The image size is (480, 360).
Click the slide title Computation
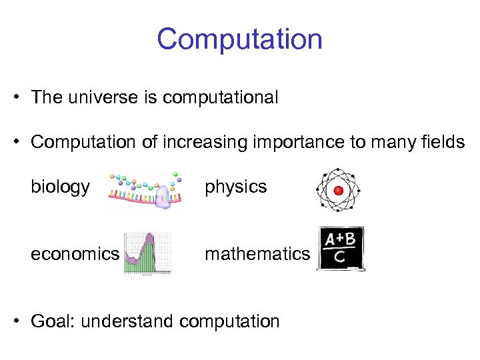(240, 39)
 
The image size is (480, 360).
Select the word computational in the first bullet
(220, 98)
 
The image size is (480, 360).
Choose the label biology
(60, 187)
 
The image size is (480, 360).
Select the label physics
(235, 187)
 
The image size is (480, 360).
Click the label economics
(75, 253)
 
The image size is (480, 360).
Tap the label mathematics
(257, 253)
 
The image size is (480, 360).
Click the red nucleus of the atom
(338, 190)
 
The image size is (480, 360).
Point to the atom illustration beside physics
(338, 190)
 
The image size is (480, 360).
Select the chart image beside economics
(147, 254)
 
